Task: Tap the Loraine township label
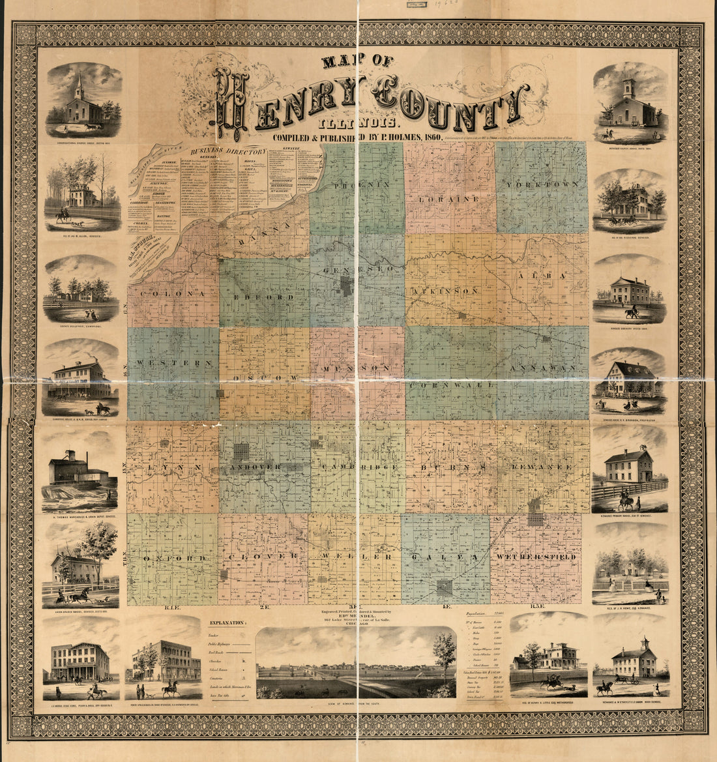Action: tap(450, 198)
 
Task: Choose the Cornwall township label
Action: tap(450, 385)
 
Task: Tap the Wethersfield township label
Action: tap(535, 558)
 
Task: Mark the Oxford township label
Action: tap(173, 559)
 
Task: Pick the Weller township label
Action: tap(357, 558)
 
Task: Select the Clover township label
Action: tap(263, 558)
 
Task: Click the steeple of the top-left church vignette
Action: tap(80, 82)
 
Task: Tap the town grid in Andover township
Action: tap(242, 452)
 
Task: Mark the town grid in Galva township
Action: tap(445, 587)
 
